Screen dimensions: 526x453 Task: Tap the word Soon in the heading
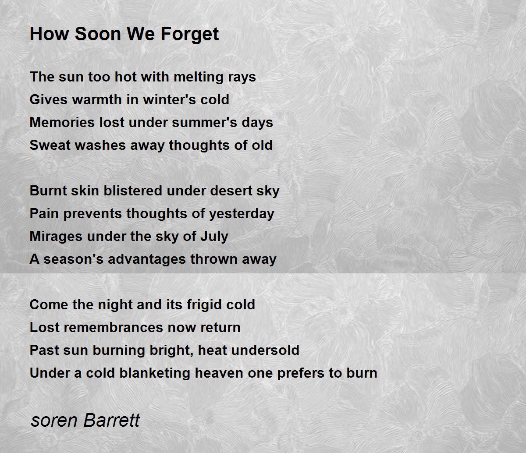click(98, 34)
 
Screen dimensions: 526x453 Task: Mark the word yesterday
click(242, 214)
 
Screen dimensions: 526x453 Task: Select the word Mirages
click(56, 237)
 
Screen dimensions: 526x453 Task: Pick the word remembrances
click(113, 327)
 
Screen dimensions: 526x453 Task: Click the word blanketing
click(155, 373)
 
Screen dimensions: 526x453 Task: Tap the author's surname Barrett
click(112, 420)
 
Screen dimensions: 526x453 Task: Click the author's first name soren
click(54, 421)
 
